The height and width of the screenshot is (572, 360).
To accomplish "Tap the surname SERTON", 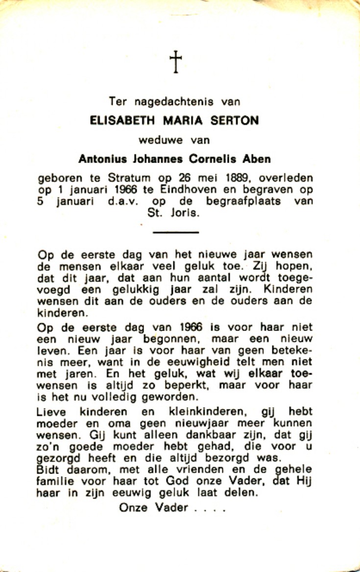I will coord(235,120).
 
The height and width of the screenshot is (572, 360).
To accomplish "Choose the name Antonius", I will coord(101,159).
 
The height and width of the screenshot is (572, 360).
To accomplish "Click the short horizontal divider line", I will coord(175,231).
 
